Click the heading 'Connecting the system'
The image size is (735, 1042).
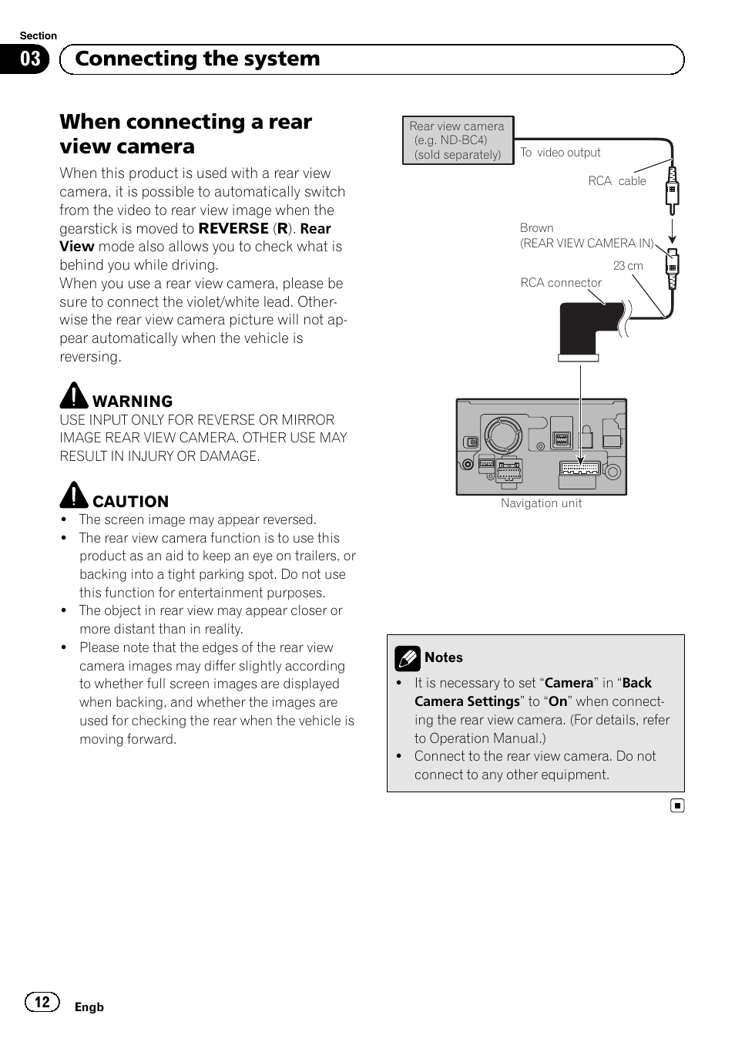pos(197,59)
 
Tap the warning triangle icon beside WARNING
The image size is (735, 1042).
pos(74,395)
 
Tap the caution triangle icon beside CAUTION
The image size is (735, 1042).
pos(74,496)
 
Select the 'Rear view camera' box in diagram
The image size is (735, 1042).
pos(458,140)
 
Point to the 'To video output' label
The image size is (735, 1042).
pos(560,153)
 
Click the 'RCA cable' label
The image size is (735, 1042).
pos(617,181)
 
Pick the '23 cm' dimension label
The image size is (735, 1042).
pos(628,266)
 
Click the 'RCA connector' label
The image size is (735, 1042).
pos(561,283)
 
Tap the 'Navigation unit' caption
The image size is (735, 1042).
pos(541,503)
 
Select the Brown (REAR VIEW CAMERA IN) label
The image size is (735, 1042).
pos(586,236)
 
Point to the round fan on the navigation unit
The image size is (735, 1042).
pos(502,436)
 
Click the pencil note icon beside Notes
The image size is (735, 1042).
pos(407,658)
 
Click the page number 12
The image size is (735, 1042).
pos(42,1002)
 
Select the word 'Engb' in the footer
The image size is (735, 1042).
pos(89,1007)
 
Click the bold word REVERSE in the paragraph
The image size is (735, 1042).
pos(233,229)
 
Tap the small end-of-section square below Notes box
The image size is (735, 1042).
pos(676,806)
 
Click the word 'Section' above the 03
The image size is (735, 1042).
pos(39,36)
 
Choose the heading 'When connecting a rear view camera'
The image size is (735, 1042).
pos(186,134)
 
